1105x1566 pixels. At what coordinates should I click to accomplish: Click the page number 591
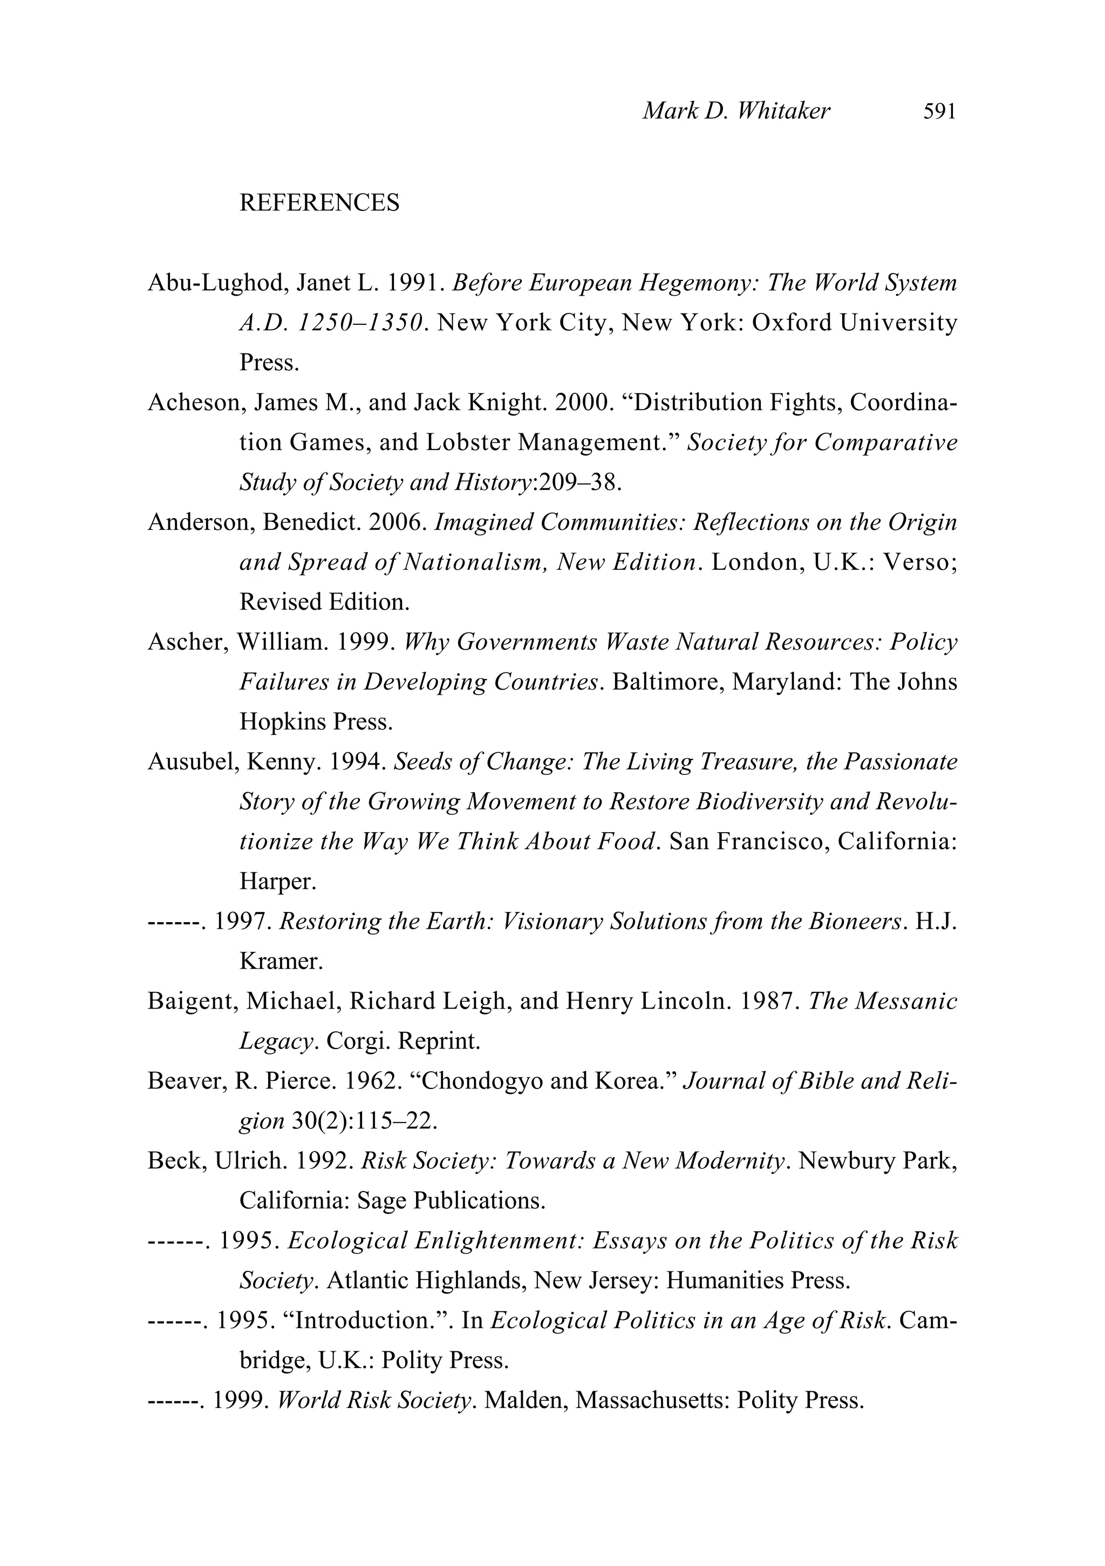[x=939, y=111]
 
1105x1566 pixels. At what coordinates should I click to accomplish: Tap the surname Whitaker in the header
[x=784, y=111]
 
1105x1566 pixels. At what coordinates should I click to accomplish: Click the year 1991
[x=411, y=282]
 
